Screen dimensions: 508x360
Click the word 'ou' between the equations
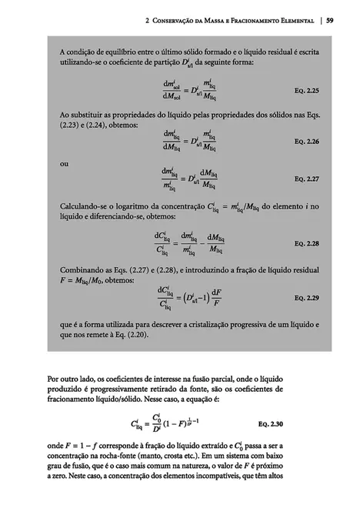(x=64, y=163)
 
